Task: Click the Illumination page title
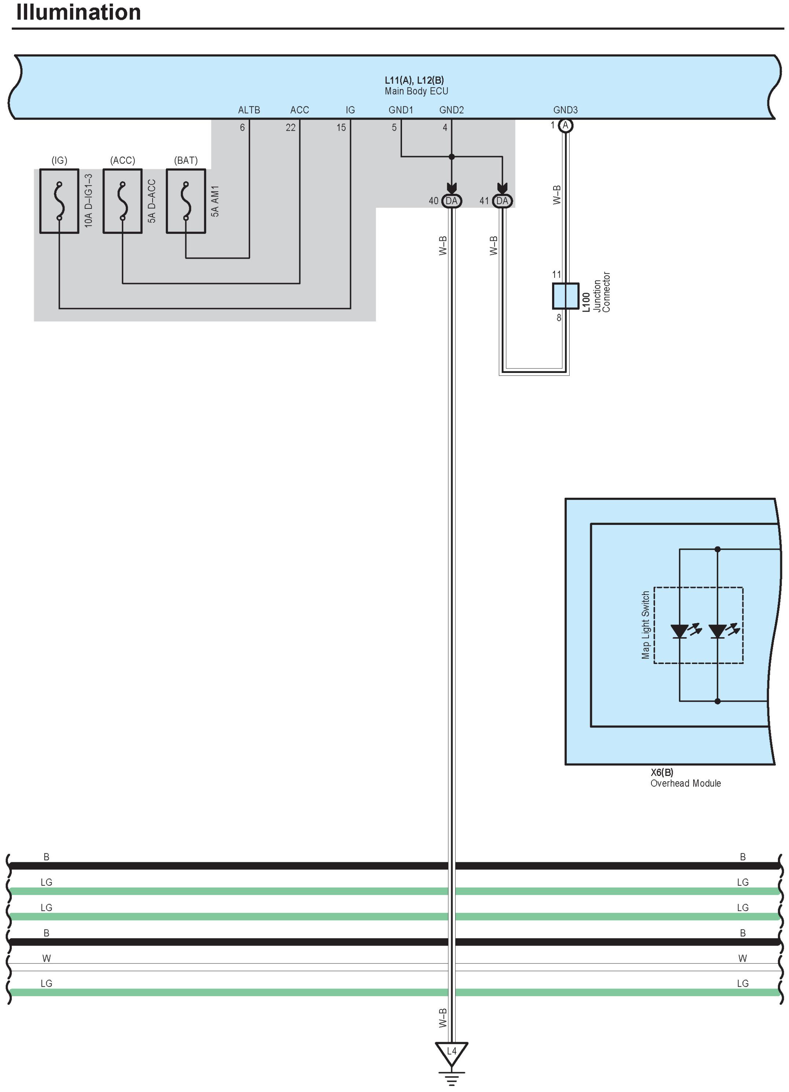pyautogui.click(x=78, y=12)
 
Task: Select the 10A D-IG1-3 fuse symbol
pyautogui.click(x=59, y=201)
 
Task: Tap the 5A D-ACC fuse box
pyautogui.click(x=123, y=201)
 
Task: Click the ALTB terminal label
pyautogui.click(x=249, y=110)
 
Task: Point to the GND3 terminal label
pyautogui.click(x=565, y=110)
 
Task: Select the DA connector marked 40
pyautogui.click(x=451, y=201)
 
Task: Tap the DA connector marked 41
pyautogui.click(x=502, y=201)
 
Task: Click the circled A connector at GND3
pyautogui.click(x=566, y=126)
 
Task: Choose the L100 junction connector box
pyautogui.click(x=566, y=295)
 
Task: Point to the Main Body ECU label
pyautogui.click(x=416, y=91)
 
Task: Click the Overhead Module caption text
pyautogui.click(x=686, y=783)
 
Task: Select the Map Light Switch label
pyautogui.click(x=646, y=625)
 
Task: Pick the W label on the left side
pyautogui.click(x=46, y=958)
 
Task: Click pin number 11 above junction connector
pyautogui.click(x=557, y=275)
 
